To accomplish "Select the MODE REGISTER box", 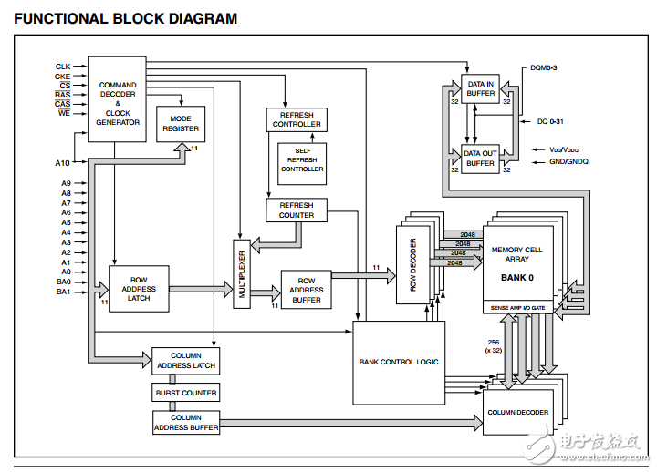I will pyautogui.click(x=181, y=124).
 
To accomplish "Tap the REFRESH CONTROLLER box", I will pyautogui.click(x=297, y=119).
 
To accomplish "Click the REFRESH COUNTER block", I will pyautogui.click(x=297, y=210).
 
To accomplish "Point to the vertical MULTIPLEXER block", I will pyautogui.click(x=241, y=274).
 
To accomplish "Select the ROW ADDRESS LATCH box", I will pyautogui.click(x=139, y=289).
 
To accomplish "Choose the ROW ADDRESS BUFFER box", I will pyautogui.click(x=306, y=290).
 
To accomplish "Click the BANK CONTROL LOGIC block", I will pyautogui.click(x=399, y=362).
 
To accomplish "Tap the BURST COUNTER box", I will pyautogui.click(x=185, y=393).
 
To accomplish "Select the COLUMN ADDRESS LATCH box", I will pyautogui.click(x=185, y=361).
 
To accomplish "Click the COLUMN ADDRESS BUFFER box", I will pyautogui.click(x=185, y=423).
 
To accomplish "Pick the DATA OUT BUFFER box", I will pyautogui.click(x=480, y=159).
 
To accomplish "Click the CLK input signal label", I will pyautogui.click(x=63, y=67).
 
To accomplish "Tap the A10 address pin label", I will pyautogui.click(x=62, y=163).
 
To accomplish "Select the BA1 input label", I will pyautogui.click(x=63, y=292).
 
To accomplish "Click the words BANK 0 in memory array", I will pyautogui.click(x=516, y=277).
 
